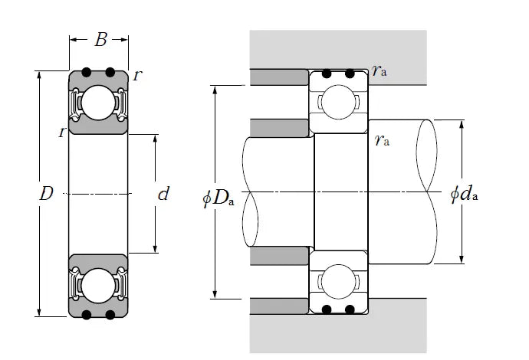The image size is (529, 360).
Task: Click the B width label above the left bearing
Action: coord(100,40)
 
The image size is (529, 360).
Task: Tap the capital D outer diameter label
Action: coord(45,195)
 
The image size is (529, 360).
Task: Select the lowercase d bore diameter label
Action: coord(163,195)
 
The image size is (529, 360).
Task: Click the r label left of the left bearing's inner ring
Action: coord(61,133)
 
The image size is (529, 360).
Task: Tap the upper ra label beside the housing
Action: coord(379,71)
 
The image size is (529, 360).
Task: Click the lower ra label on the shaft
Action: coord(380,139)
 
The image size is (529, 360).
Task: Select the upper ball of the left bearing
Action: coord(98,103)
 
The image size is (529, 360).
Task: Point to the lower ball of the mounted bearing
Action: coord(338,281)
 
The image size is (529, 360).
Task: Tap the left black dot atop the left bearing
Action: coord(87,73)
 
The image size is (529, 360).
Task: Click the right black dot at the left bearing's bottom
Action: coord(110,314)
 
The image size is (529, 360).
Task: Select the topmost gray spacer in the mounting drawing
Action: coord(279,77)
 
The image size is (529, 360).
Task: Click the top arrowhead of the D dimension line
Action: coord(38,75)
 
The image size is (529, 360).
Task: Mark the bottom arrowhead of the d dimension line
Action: coord(156,249)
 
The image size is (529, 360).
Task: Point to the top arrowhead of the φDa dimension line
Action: coord(216,89)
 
